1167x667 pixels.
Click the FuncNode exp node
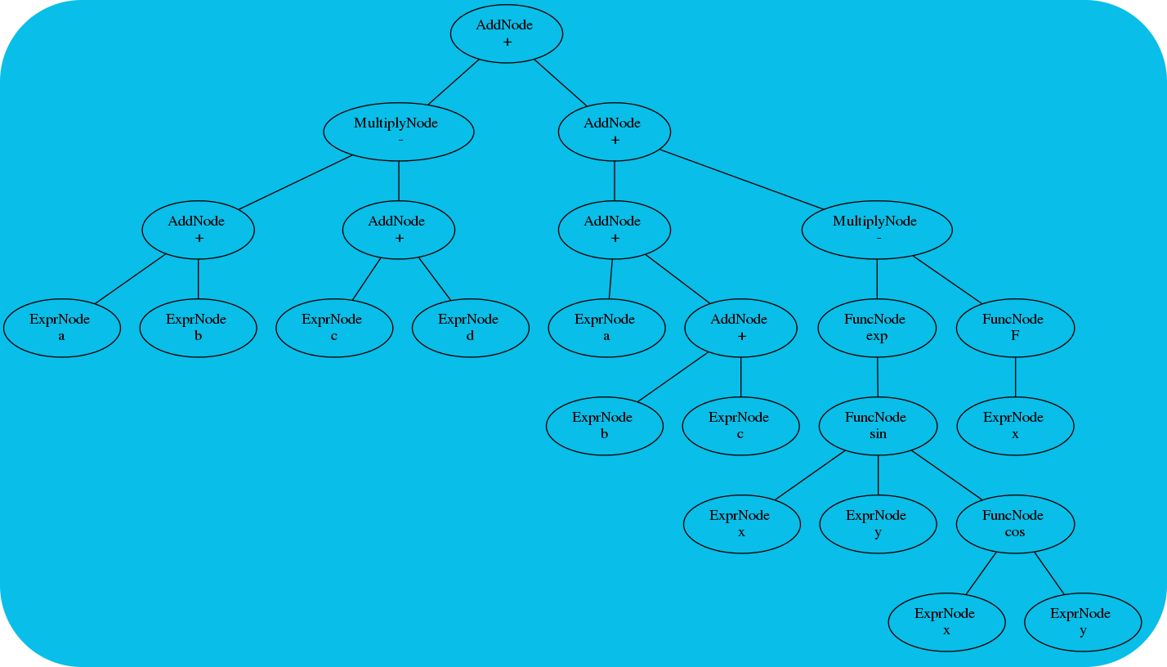[877, 328]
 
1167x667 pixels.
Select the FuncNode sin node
[878, 426]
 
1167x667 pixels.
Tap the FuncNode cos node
[1014, 524]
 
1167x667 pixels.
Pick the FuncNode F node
[1014, 328]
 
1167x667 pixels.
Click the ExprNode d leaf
[470, 328]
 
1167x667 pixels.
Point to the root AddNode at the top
[506, 34]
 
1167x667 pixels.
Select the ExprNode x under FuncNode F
[1014, 426]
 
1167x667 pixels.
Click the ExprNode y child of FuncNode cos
[1082, 622]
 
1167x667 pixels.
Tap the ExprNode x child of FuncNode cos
[946, 622]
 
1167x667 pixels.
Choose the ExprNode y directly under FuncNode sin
[878, 524]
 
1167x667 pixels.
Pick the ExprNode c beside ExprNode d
[333, 328]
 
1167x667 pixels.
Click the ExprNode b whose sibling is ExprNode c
[604, 426]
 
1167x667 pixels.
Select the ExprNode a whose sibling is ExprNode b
[61, 328]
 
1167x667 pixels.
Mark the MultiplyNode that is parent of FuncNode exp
[877, 230]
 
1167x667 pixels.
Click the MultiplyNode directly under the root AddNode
[399, 132]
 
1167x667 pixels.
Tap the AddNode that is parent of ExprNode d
[399, 230]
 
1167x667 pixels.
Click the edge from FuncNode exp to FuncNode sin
[877, 377]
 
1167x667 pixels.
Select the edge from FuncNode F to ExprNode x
[1015, 377]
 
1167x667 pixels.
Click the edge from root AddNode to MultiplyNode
[454, 82]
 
